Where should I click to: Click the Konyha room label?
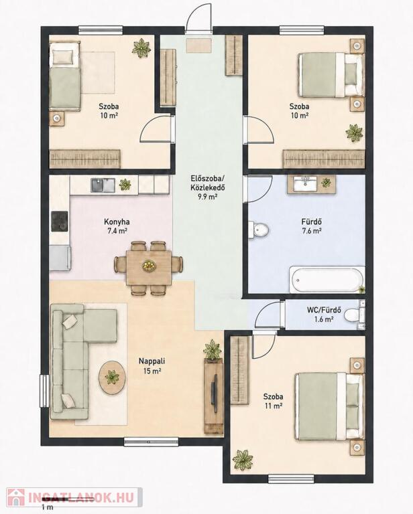(x=117, y=222)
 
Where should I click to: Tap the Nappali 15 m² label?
(x=152, y=366)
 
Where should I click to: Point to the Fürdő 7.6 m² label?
(x=311, y=226)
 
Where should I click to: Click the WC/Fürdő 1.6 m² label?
(x=324, y=314)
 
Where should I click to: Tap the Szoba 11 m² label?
(x=274, y=401)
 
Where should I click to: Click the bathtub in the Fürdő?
(x=327, y=280)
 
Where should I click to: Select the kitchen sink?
(x=103, y=185)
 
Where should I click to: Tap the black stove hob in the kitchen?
(x=60, y=222)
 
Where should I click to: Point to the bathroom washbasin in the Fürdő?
(x=305, y=184)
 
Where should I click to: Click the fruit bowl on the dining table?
(x=149, y=266)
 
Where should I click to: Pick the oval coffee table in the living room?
(x=112, y=377)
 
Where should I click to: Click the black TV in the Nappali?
(x=214, y=393)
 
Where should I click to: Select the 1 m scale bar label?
(x=48, y=507)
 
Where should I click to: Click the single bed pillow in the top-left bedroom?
(x=62, y=58)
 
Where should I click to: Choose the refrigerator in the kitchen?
(x=60, y=258)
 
